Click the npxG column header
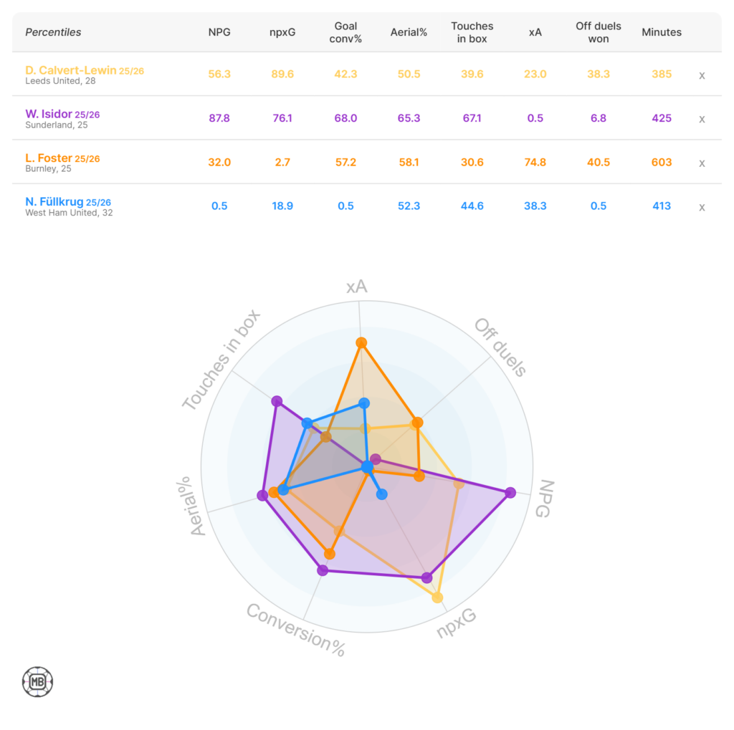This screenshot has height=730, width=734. [282, 32]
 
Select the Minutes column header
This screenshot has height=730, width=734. [662, 32]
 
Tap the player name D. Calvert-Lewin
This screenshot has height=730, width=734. [70, 70]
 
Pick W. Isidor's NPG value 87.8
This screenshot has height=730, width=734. [219, 118]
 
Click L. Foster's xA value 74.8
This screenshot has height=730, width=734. [535, 163]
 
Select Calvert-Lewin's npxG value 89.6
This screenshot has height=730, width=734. [282, 74]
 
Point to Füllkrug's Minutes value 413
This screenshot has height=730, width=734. [662, 206]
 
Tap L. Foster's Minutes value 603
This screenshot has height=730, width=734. [662, 163]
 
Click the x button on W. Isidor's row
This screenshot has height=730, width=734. [702, 119]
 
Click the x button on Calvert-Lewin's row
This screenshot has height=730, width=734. [702, 75]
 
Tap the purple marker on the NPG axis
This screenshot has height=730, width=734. [510, 493]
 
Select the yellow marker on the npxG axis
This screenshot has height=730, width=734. [437, 597]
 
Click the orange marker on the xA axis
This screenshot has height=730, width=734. [361, 342]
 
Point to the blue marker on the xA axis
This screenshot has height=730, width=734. [364, 404]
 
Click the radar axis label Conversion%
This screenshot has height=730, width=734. [295, 630]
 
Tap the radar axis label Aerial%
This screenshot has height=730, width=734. [190, 506]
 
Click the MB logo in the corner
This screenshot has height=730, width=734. [37, 682]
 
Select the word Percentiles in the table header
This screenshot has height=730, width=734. [53, 32]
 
